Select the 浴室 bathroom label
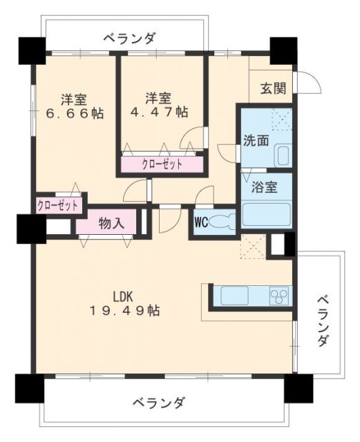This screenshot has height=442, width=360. (255, 186)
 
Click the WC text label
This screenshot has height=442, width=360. (201, 222)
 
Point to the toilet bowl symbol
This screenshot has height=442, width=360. (222, 222)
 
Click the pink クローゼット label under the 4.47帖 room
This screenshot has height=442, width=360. (162, 164)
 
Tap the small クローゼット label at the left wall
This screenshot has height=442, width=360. (59, 205)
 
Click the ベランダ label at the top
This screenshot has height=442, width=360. (129, 39)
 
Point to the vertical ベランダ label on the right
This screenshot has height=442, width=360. (322, 322)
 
